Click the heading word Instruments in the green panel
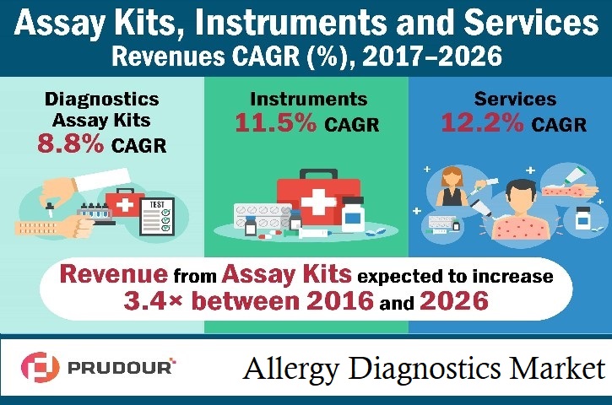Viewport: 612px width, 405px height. (x=306, y=99)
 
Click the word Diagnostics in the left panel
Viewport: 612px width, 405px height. (x=101, y=99)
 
